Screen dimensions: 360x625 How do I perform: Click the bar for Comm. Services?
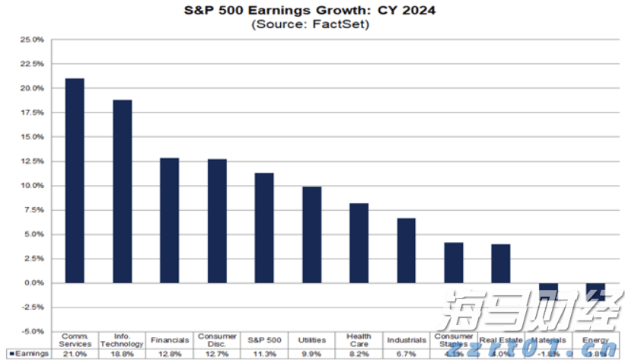[x=75, y=180]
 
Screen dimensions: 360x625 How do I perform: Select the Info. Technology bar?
[x=122, y=191]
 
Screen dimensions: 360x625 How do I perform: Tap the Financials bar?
[x=169, y=220]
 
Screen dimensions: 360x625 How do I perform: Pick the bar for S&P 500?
[x=263, y=228]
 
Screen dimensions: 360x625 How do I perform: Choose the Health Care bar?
[x=359, y=243]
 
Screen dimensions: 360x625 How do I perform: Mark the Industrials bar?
[x=407, y=250]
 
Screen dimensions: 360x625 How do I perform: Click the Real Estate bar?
[x=500, y=263]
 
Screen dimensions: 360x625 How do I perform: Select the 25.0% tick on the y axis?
[x=33, y=40]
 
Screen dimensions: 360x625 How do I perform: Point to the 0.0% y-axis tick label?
[x=34, y=283]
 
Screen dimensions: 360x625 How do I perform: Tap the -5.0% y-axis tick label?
[x=33, y=332]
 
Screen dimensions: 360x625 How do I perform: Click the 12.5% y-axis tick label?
[x=33, y=161]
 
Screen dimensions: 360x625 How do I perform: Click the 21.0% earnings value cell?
[x=75, y=353]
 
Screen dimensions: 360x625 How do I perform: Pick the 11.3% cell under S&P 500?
[x=263, y=353]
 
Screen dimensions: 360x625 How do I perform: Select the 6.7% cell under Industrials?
[x=407, y=353]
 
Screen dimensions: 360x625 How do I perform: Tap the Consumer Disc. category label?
[x=216, y=339]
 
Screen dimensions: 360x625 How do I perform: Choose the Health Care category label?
[x=359, y=339]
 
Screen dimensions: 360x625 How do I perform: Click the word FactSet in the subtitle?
[x=343, y=24]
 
